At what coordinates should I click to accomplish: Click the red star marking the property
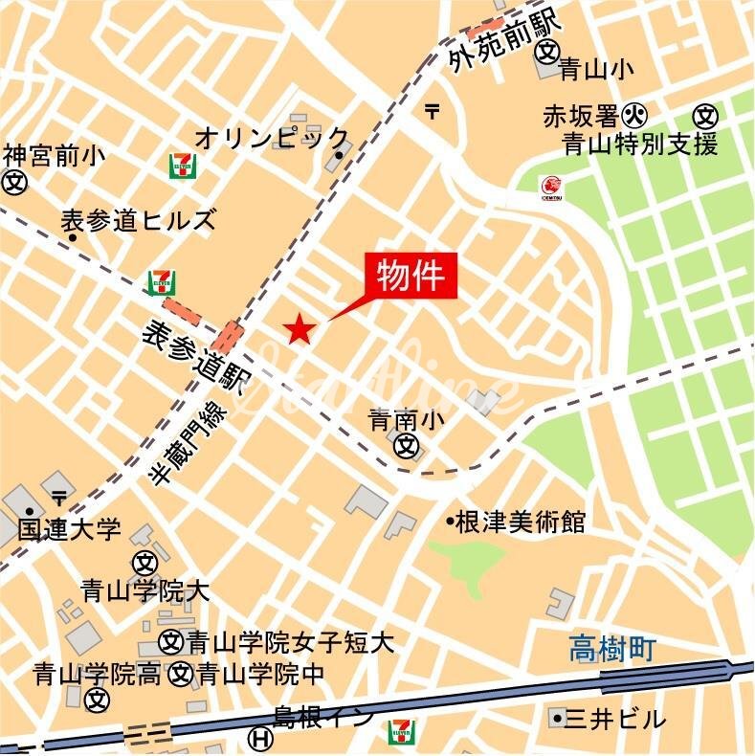[300, 330]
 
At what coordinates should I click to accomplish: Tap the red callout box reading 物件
[411, 277]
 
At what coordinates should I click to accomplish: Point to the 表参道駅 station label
[192, 359]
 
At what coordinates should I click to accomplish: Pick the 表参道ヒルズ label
[139, 220]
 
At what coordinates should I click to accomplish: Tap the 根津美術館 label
[521, 522]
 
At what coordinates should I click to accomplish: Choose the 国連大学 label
[69, 528]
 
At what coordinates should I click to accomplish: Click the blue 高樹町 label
[612, 651]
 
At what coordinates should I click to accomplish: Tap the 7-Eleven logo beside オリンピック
[182, 166]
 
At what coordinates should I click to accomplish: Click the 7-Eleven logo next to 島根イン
[402, 734]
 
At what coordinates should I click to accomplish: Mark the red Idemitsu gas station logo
[551, 186]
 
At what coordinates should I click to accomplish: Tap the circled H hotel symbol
[257, 738]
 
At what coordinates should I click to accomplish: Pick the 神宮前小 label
[55, 155]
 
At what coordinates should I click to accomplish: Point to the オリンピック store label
[273, 136]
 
